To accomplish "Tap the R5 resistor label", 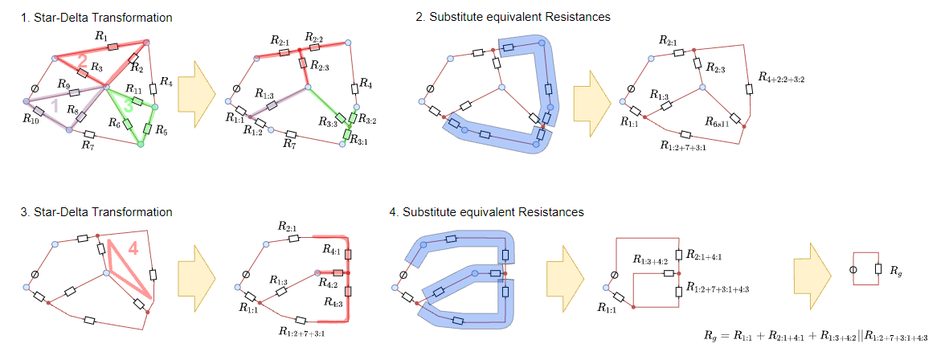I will point(161,129).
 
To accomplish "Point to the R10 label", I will point(31,121).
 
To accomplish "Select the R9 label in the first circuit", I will point(63,83).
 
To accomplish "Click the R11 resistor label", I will point(133,89).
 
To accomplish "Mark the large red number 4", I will point(133,250).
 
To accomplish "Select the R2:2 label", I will point(313,39).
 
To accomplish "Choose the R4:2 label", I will point(327,283).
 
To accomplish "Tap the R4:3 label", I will point(327,303).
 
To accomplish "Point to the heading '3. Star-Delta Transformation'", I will point(96,212).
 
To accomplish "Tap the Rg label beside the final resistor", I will point(895,272).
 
